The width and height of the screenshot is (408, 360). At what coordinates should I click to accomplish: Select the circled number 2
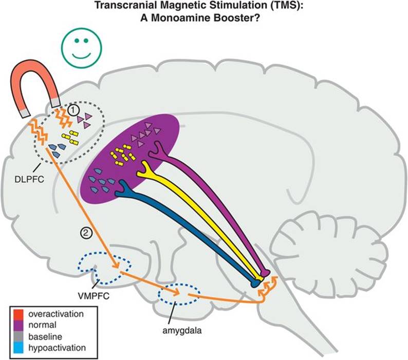point(86,232)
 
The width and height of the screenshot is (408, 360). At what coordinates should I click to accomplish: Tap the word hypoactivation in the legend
point(57,349)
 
